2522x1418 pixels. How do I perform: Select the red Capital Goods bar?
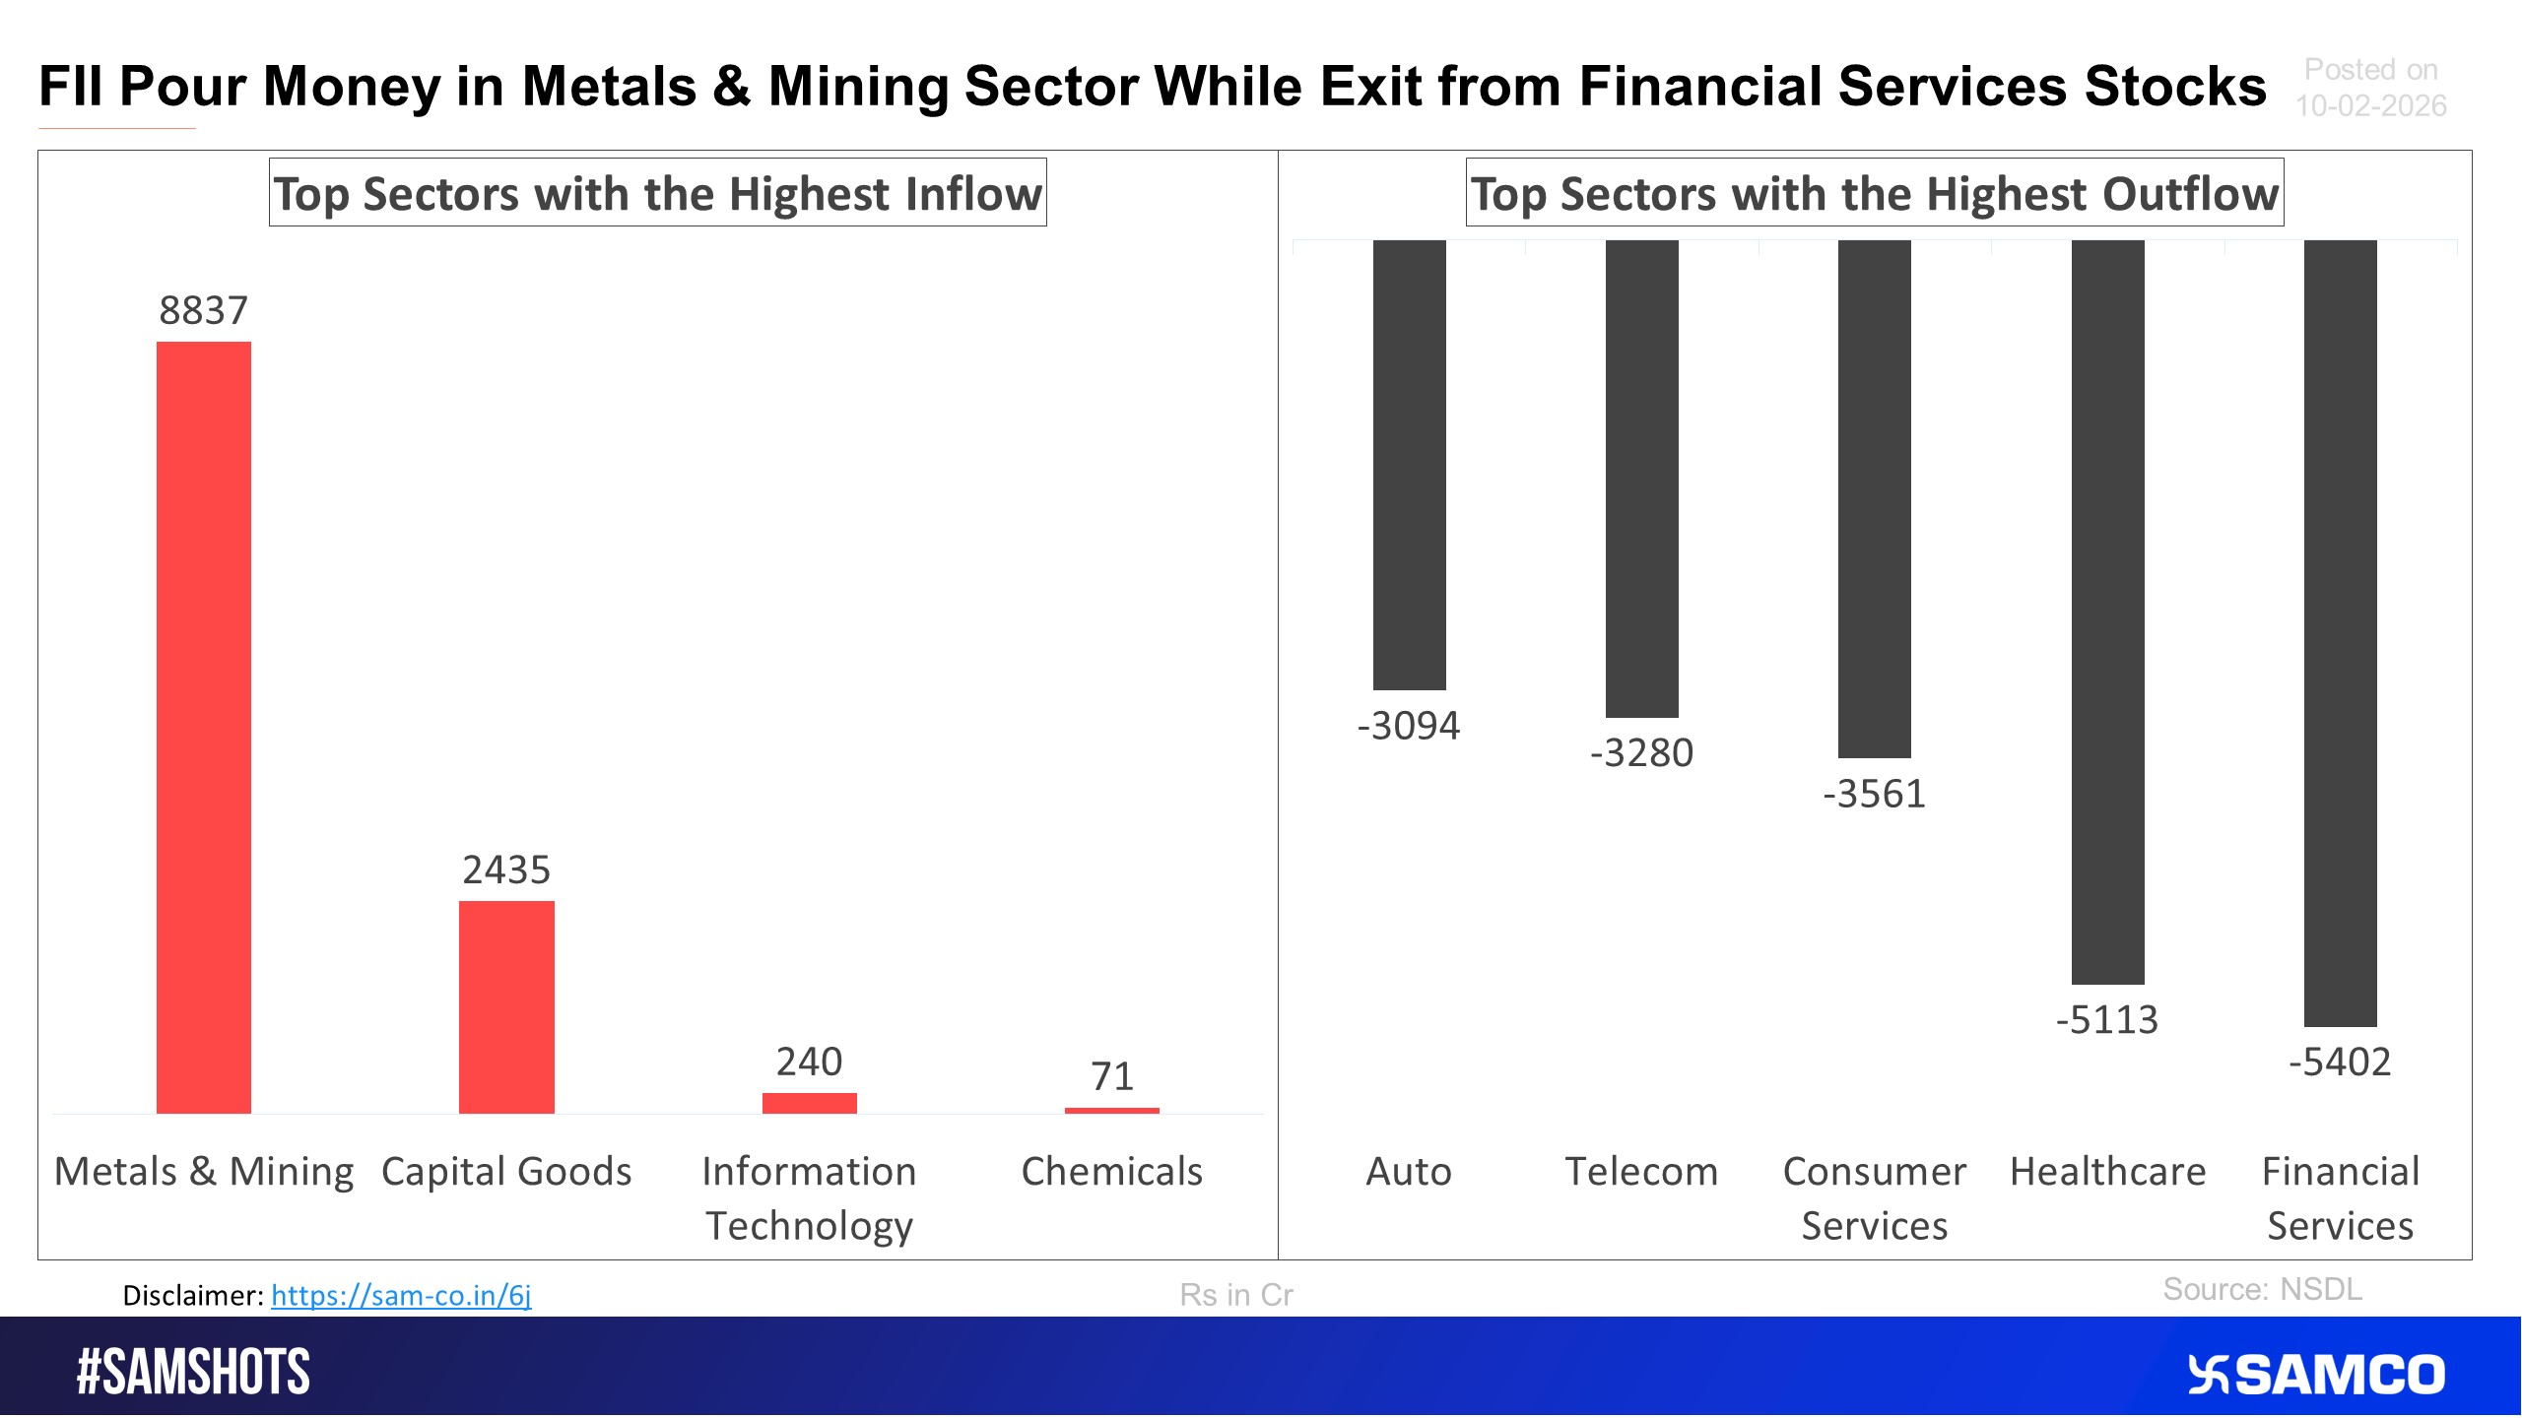(506, 1006)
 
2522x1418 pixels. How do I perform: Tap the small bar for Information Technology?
(809, 1103)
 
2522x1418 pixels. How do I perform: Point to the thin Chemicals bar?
(1111, 1111)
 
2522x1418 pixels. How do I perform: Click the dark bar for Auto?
(1409, 465)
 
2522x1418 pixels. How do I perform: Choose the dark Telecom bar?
(1641, 479)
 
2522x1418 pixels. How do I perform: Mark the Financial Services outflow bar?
(2340, 632)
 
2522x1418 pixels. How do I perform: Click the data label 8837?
(203, 311)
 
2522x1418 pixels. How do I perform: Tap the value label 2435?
(506, 870)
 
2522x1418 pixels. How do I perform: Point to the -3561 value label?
(1874, 795)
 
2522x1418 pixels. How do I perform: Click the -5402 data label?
(2340, 1063)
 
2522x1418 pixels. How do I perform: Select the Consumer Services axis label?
(1874, 1198)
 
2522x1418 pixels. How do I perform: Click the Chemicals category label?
(1111, 1172)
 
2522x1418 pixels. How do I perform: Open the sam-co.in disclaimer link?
(401, 1295)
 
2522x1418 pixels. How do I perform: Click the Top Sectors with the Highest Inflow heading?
(657, 194)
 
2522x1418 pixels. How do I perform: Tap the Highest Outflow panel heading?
(1874, 194)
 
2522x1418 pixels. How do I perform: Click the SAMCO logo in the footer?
(2315, 1375)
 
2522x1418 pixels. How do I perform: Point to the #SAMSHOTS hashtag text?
(193, 1373)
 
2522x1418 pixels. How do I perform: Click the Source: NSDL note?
(2262, 1290)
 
